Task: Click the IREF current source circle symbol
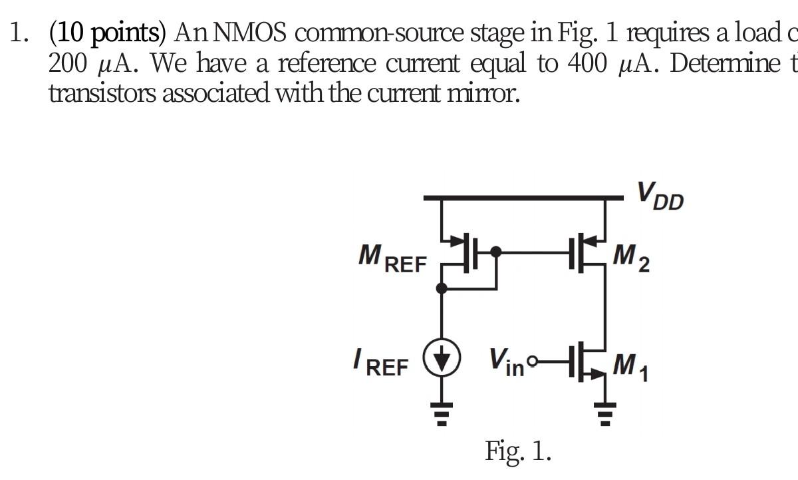point(443,363)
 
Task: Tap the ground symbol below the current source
point(443,407)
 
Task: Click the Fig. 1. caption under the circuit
point(518,451)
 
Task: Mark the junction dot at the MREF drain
point(443,288)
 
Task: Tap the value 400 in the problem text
point(588,63)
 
